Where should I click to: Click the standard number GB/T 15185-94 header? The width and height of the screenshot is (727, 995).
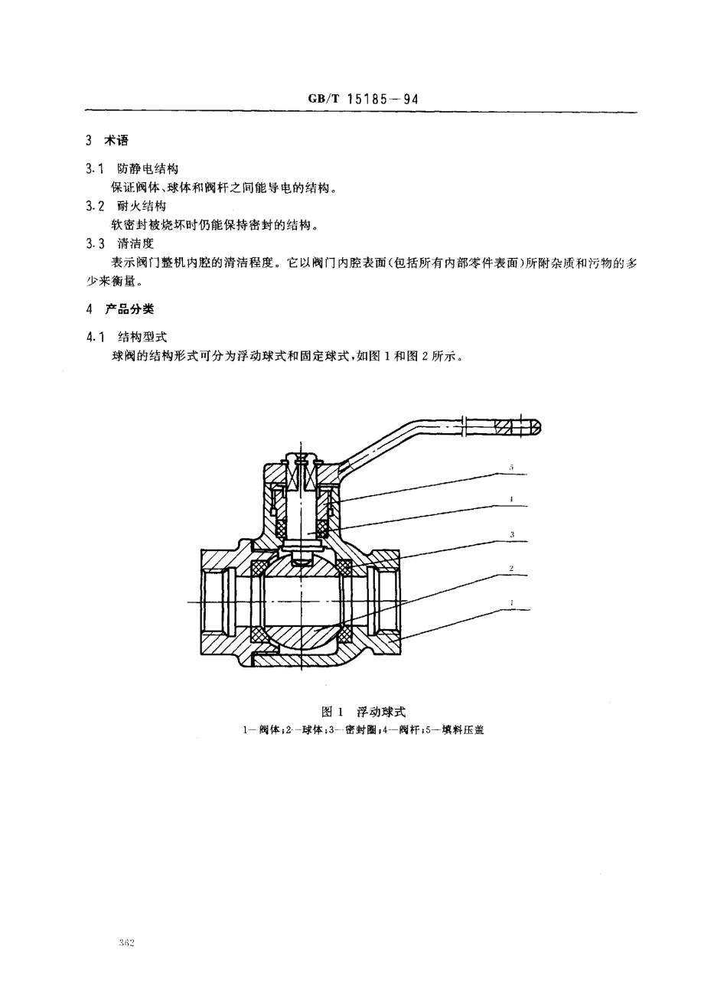point(362,99)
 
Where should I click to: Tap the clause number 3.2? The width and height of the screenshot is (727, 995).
point(95,206)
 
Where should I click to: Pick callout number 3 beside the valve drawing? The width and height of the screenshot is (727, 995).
point(511,534)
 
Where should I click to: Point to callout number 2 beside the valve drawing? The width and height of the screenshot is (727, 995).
point(511,568)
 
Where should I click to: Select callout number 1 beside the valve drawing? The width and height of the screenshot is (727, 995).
point(511,602)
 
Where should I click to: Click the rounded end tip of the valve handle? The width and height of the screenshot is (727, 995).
point(536,427)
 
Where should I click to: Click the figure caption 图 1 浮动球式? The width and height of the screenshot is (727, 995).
point(363,712)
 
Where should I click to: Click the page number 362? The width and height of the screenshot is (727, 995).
point(126,944)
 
